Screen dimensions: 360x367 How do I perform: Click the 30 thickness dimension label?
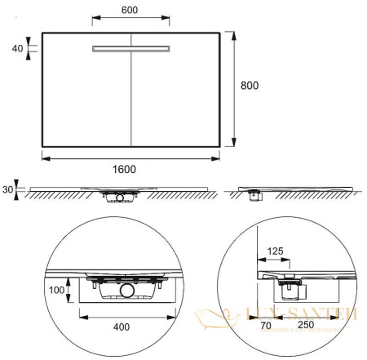click(8, 190)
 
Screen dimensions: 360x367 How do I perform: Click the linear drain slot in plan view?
click(131, 49)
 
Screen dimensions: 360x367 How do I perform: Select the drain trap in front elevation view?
click(122, 196)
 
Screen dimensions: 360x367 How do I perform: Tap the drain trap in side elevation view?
click(255, 194)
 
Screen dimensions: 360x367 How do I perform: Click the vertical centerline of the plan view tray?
click(131, 98)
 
